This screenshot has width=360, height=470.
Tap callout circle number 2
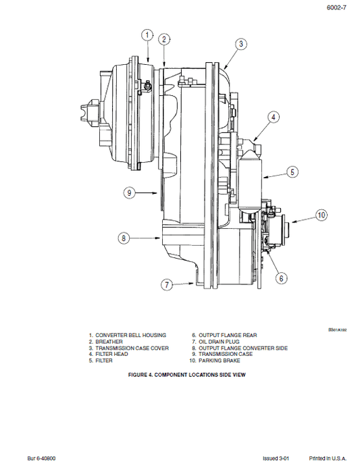pyautogui.click(x=164, y=39)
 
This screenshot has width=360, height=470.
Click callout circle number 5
pyautogui.click(x=292, y=172)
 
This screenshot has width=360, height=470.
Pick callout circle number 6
pyautogui.click(x=280, y=277)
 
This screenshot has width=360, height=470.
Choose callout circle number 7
pyautogui.click(x=168, y=284)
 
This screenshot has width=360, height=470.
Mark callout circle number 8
pyautogui.click(x=124, y=238)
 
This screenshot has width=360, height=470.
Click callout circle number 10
pyautogui.click(x=322, y=215)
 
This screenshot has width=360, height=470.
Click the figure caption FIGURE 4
pyautogui.click(x=179, y=375)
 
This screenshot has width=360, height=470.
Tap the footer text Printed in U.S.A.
pyautogui.click(x=330, y=457)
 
